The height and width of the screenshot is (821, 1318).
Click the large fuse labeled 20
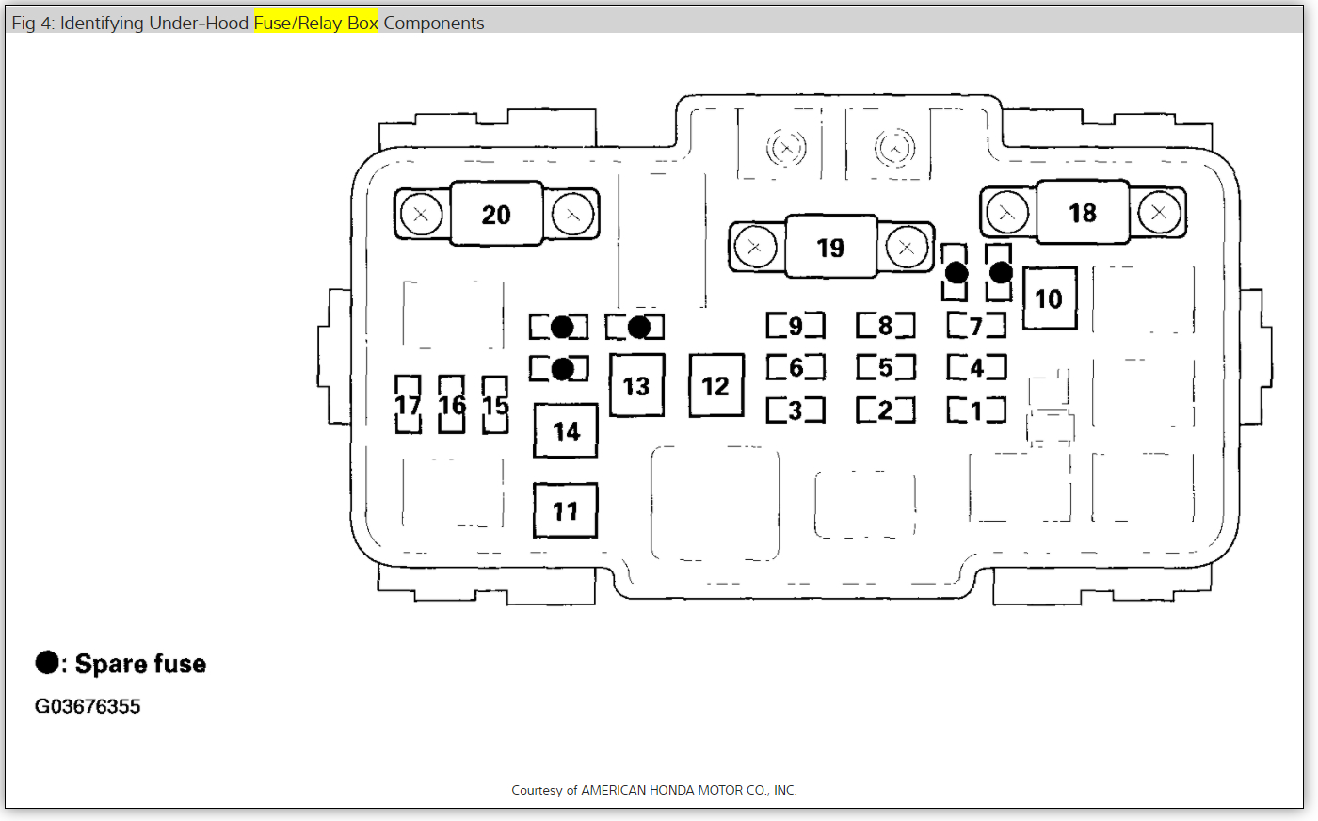[x=496, y=215]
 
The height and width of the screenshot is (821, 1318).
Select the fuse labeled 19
[x=830, y=248]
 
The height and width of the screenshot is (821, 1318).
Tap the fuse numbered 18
[x=1083, y=213]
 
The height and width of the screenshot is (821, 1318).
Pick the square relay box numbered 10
[x=1049, y=298]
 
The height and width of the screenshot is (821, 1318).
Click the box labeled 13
[x=636, y=386]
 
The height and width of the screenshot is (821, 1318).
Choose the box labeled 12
[x=715, y=386]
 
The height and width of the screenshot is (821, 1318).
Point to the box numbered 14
[x=566, y=431]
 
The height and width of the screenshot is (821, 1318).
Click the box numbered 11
[x=565, y=511]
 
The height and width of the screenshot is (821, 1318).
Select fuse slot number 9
[x=796, y=326]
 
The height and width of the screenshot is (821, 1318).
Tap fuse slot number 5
[x=885, y=367]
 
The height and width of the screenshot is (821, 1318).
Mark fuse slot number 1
[x=976, y=410]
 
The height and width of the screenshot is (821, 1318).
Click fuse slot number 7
[x=976, y=326]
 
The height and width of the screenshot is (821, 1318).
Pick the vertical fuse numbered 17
[x=408, y=405]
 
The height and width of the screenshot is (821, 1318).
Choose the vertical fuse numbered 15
[x=495, y=405]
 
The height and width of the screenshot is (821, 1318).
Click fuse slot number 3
[x=796, y=410]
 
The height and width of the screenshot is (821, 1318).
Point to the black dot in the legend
[x=47, y=663]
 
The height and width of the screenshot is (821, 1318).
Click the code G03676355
[x=88, y=706]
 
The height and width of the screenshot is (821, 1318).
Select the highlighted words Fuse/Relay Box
[x=315, y=23]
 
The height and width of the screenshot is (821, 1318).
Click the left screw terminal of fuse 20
[x=421, y=215]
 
